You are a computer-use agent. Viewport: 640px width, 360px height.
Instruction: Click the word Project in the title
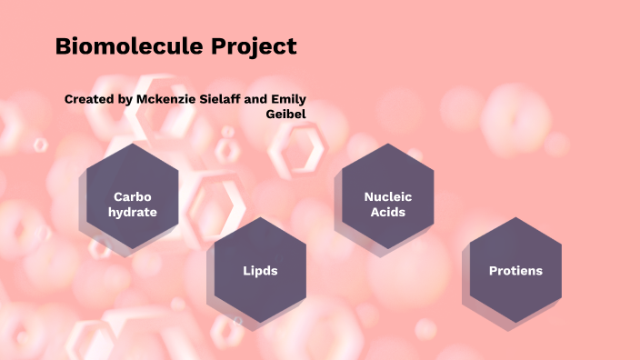coord(258,46)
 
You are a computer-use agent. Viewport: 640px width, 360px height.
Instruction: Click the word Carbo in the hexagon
coord(132,196)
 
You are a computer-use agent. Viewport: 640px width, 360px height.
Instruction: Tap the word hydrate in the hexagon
coord(132,212)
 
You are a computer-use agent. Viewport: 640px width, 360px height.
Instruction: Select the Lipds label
coord(260,271)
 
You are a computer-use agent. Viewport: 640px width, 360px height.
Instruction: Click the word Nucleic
coord(387,196)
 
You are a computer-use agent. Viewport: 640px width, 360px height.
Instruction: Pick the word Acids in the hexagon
coord(387,212)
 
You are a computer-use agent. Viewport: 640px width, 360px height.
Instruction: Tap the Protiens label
coord(515,271)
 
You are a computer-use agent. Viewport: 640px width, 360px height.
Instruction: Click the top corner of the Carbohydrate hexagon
coord(132,144)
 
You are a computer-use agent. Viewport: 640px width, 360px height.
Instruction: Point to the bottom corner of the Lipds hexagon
coord(260,323)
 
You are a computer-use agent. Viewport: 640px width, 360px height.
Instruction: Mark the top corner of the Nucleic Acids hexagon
coord(387,144)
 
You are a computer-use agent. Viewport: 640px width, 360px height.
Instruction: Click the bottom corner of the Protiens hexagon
coord(515,323)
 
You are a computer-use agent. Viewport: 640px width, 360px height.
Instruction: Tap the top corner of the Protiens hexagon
coord(515,217)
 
